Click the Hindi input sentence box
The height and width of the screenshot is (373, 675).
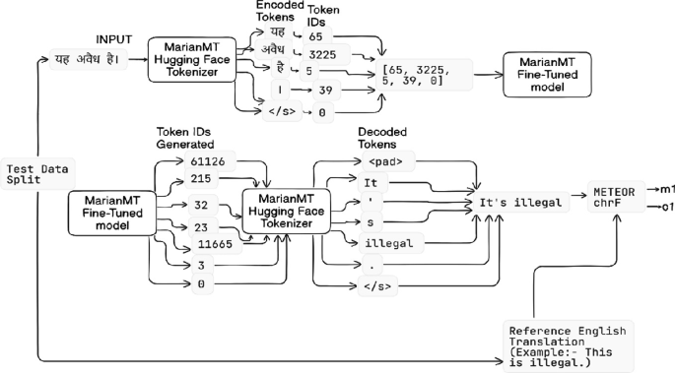pyautogui.click(x=86, y=60)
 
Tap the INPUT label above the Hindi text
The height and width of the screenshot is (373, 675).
pyautogui.click(x=114, y=38)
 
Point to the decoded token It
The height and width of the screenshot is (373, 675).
pyautogui.click(x=371, y=182)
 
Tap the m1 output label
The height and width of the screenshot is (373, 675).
pyautogui.click(x=666, y=188)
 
